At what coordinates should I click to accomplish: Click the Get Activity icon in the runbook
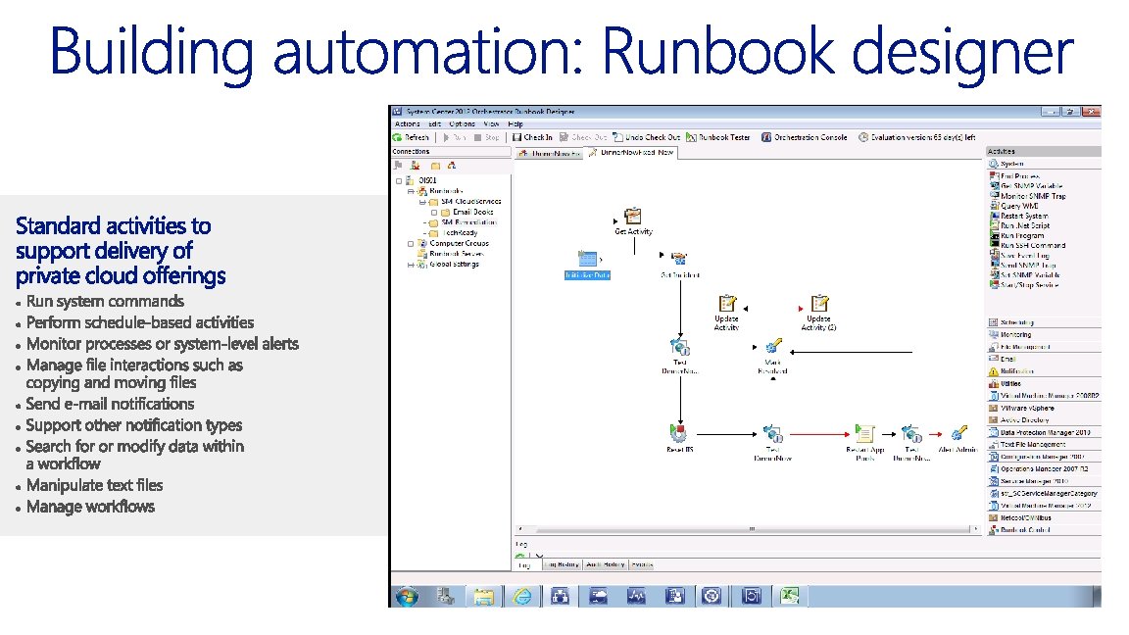(633, 217)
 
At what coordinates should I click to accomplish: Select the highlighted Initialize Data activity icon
(587, 260)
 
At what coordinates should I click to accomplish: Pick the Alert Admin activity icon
(959, 432)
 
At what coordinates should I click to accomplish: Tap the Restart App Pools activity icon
(864, 432)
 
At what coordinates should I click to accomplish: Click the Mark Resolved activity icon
(772, 346)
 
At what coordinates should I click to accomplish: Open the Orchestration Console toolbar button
(805, 137)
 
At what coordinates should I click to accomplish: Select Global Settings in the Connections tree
(454, 264)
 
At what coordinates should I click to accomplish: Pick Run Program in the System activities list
(1024, 235)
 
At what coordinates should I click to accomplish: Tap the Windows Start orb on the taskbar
(406, 595)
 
